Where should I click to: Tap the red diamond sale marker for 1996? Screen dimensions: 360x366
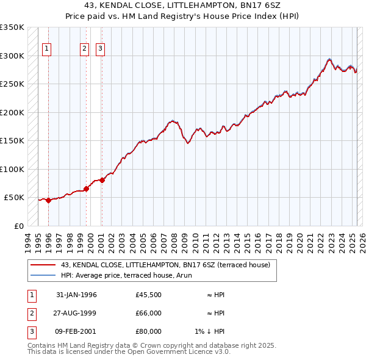tap(48, 200)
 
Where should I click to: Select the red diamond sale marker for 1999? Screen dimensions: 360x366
tap(86, 189)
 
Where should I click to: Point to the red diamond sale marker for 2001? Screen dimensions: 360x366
tap(102, 179)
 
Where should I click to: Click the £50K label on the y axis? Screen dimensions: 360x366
tap(14, 198)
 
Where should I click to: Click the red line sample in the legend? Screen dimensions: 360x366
tap(43, 265)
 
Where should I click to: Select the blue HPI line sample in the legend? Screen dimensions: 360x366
tap(43, 275)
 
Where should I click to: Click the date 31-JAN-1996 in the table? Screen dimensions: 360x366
tap(76, 295)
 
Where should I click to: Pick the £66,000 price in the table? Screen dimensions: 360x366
tap(149, 314)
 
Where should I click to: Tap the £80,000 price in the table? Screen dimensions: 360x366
tap(149, 332)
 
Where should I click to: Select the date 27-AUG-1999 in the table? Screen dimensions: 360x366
tap(76, 314)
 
